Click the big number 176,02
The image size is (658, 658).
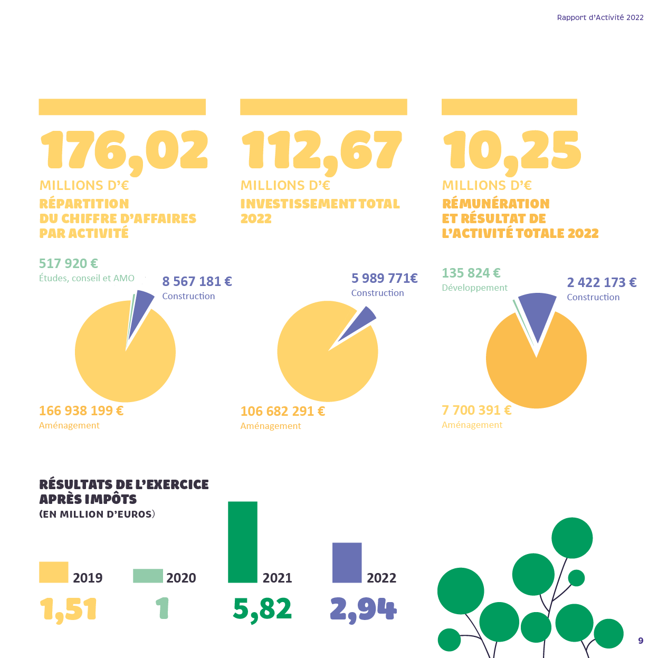pyautogui.click(x=124, y=151)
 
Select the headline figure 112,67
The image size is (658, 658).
pyautogui.click(x=321, y=151)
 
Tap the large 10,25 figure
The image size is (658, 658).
pyautogui.click(x=511, y=151)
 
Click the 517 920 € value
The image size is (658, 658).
pyautogui.click(x=69, y=263)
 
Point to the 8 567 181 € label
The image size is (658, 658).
pyautogui.click(x=197, y=281)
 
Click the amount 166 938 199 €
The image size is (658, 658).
pyautogui.click(x=81, y=411)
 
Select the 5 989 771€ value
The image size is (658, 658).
pyautogui.click(x=384, y=278)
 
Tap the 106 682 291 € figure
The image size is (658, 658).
pyautogui.click(x=283, y=411)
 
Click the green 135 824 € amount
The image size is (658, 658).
pyautogui.click(x=471, y=273)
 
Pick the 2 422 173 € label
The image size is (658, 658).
pyautogui.click(x=602, y=282)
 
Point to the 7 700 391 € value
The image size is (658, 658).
pyautogui.click(x=476, y=410)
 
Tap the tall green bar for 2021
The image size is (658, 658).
pyautogui.click(x=243, y=542)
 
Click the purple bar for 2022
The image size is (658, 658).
pyautogui.click(x=347, y=562)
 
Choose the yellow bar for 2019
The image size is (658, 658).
pyautogui.click(x=54, y=572)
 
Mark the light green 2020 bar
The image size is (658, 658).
pyautogui.click(x=148, y=576)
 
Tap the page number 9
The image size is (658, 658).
pyautogui.click(x=641, y=641)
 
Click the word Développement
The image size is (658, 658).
pyautogui.click(x=474, y=288)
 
